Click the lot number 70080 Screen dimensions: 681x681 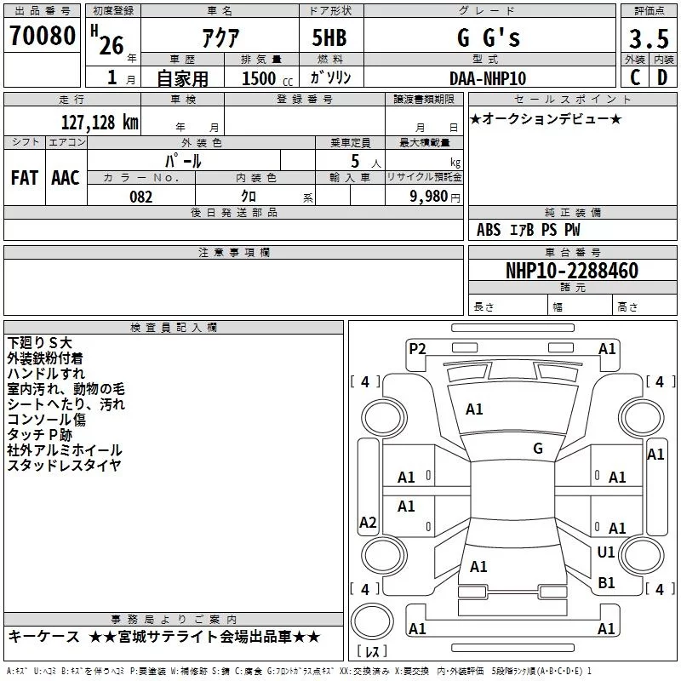41,37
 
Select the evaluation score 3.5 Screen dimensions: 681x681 649,39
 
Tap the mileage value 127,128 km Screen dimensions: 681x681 100,122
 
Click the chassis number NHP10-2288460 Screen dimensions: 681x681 571,272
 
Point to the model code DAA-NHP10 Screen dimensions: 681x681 488,78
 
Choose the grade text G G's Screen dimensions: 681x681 488,38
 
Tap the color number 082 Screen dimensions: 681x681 140,197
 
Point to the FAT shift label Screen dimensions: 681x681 25,178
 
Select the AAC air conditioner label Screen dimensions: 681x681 66,178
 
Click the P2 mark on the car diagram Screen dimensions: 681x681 417,348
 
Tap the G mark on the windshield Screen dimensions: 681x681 538,449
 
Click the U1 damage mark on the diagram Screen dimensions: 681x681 606,552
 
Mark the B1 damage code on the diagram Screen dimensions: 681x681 606,583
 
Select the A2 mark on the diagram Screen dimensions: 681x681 368,523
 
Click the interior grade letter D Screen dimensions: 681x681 662,77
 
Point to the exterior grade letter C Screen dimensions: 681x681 635,77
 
